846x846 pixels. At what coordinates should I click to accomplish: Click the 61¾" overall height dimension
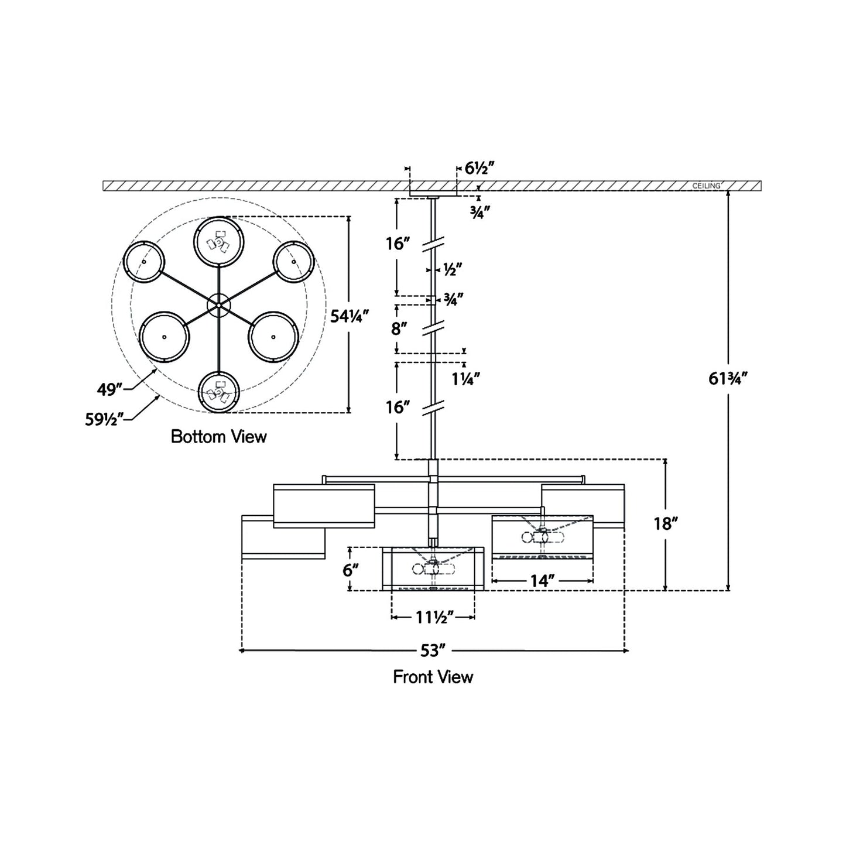[x=728, y=379]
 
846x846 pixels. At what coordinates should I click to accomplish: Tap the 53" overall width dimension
[x=433, y=650]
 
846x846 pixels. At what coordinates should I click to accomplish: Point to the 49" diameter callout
[x=109, y=388]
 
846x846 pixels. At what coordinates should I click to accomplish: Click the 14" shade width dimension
[x=542, y=581]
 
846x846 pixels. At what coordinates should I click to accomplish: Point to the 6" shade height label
[x=350, y=569]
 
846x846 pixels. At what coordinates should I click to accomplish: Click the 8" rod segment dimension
[x=399, y=328]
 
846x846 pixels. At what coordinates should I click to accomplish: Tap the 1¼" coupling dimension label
[x=466, y=378]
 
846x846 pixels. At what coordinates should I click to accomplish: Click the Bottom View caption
[x=218, y=437]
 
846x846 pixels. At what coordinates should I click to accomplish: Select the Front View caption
[x=433, y=677]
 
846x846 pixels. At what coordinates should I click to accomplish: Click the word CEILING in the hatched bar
[x=705, y=186]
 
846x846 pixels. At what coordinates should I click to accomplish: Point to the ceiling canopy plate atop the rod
[x=433, y=193]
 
